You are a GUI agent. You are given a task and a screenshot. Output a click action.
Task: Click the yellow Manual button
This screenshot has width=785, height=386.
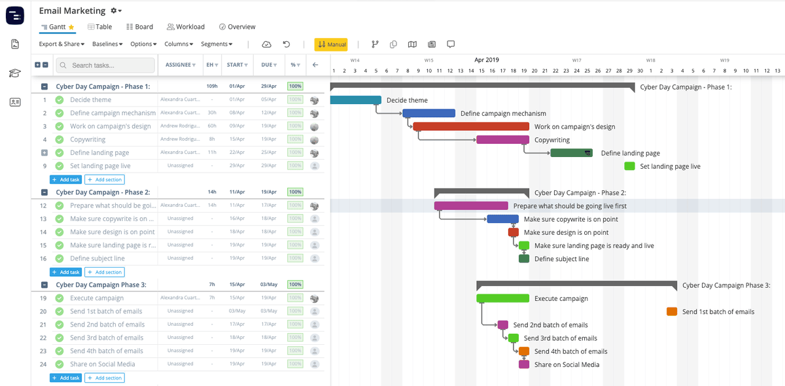331,44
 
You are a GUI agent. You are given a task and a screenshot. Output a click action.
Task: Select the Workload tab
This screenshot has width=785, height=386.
186,27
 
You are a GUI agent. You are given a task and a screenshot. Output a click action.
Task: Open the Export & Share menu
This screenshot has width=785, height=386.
61,44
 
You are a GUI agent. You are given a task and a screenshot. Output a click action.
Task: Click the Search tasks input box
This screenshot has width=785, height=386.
107,65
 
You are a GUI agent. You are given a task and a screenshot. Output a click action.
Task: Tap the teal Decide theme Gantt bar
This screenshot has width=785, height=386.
355,100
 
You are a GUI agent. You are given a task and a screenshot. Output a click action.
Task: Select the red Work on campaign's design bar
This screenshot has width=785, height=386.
470,126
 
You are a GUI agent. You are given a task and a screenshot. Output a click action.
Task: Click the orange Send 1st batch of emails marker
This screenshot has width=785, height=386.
671,311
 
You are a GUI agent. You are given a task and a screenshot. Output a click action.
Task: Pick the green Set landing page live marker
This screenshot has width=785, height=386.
629,166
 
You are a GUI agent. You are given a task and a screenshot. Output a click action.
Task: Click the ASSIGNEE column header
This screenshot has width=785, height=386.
180,65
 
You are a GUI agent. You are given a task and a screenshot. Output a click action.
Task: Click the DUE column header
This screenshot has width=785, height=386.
268,65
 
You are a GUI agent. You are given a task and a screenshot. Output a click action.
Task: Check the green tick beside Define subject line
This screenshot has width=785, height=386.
60,258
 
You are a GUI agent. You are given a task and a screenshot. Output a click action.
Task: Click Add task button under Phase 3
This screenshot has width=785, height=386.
65,377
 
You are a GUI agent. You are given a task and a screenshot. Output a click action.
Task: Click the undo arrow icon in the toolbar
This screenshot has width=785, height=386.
287,44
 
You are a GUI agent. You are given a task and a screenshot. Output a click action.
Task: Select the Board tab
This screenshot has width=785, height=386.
139,27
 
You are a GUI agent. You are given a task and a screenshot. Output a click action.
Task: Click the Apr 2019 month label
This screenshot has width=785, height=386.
486,60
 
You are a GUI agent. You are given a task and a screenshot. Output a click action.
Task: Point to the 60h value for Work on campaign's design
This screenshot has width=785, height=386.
212,126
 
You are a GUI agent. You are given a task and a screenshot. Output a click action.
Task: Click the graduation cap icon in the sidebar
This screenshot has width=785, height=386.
14,73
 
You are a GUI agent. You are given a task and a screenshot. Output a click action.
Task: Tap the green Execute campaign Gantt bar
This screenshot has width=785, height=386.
502,298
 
